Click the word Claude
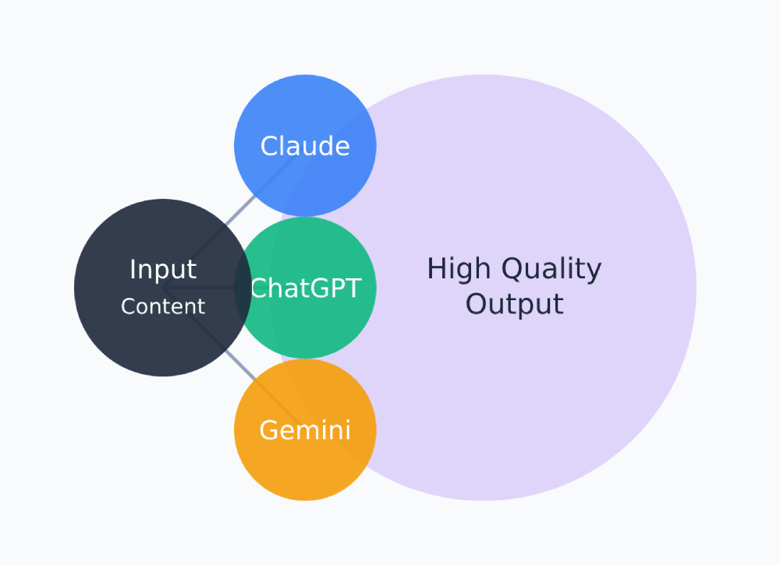pos(305,146)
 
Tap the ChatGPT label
pos(306,288)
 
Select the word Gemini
pos(305,430)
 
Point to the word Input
pos(162,270)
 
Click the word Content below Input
pos(162,306)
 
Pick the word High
pos(459,270)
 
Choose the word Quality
pos(551,270)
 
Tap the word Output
pos(514,304)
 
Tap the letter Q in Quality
pos(512,270)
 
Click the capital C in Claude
pos(269,146)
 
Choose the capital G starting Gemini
pos(269,430)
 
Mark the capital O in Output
pos(476,304)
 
